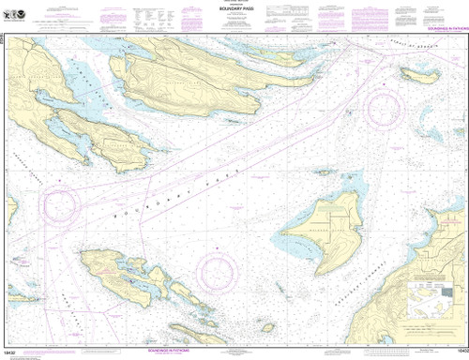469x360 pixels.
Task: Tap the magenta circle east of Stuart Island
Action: click(x=221, y=271)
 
